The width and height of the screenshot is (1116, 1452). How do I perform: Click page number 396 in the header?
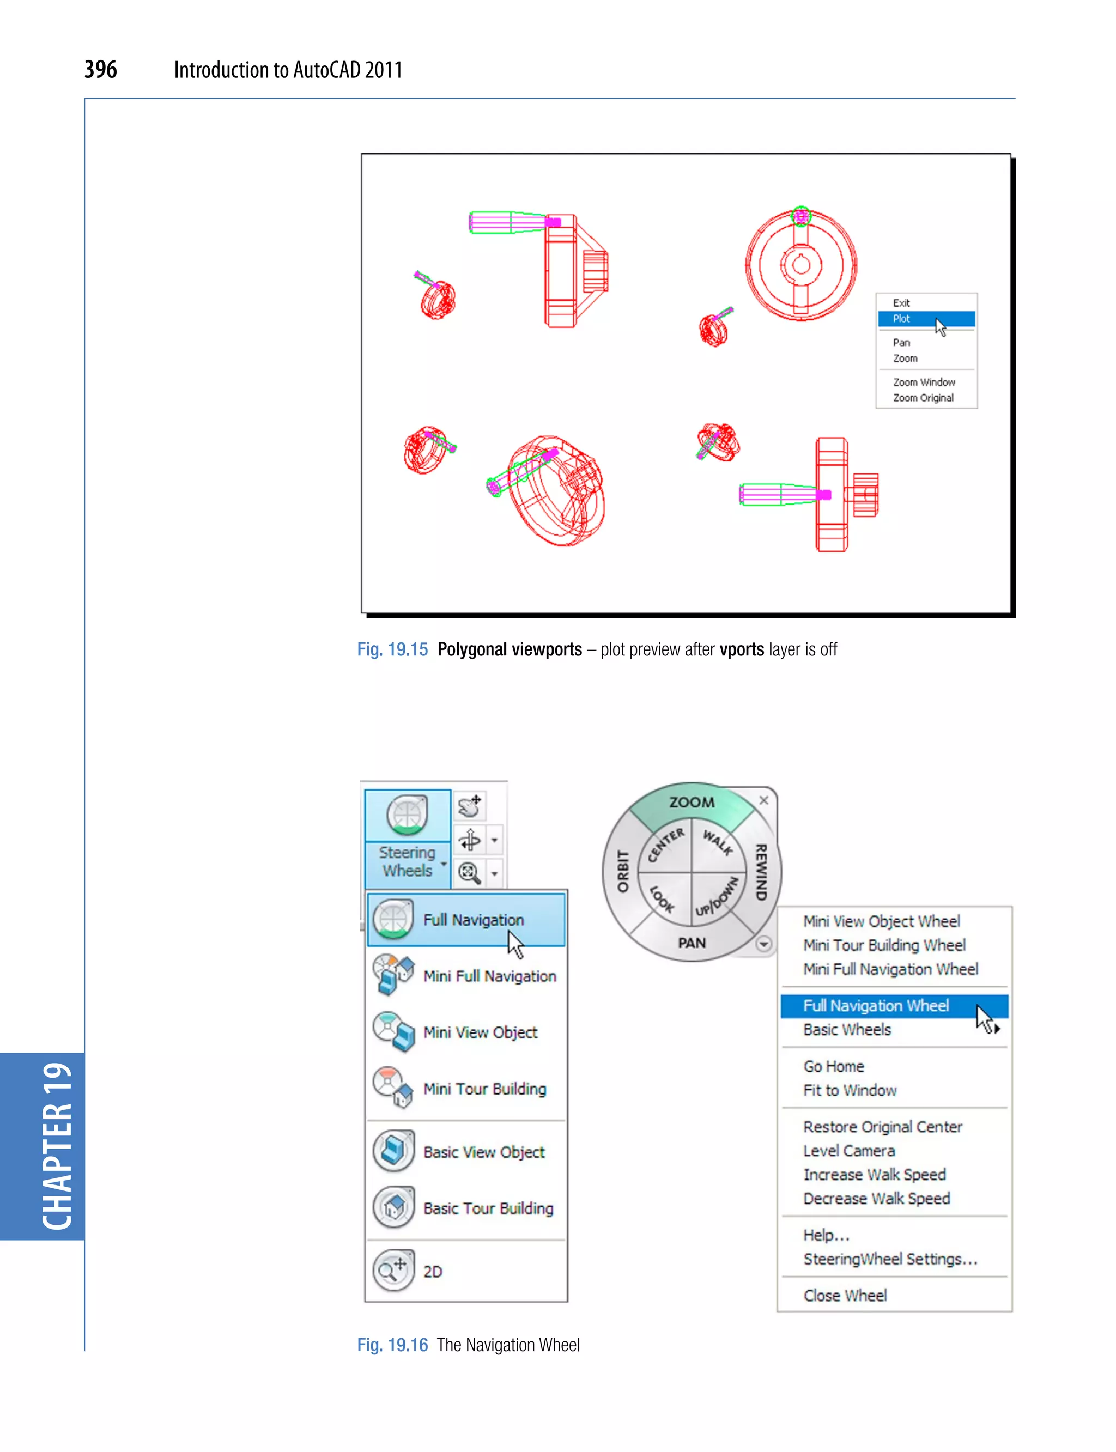click(100, 69)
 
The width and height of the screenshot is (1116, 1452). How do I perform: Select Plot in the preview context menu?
click(901, 319)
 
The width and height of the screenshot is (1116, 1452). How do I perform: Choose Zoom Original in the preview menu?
click(923, 398)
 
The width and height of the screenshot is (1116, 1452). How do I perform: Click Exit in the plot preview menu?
click(901, 303)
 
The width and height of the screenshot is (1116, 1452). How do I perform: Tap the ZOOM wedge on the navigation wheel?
click(692, 803)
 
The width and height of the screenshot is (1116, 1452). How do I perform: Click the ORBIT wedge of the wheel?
click(622, 871)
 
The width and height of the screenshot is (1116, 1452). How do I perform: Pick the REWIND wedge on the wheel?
click(761, 871)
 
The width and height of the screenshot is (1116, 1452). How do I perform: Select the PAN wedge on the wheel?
click(692, 943)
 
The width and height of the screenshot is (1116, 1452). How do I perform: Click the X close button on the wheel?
click(764, 800)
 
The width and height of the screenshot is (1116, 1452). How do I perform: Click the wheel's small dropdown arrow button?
click(764, 944)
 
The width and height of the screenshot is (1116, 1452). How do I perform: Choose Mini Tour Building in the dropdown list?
click(484, 1089)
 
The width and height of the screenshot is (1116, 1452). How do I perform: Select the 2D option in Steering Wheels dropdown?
click(433, 1271)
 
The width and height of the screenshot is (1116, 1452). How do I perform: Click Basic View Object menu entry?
click(483, 1152)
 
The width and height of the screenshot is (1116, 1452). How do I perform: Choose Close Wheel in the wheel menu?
click(845, 1295)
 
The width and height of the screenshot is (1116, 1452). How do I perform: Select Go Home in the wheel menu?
click(834, 1066)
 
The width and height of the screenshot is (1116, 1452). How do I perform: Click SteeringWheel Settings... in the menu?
click(890, 1259)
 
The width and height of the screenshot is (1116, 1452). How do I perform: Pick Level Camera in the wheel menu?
click(849, 1151)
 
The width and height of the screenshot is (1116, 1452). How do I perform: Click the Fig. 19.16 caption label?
click(392, 1345)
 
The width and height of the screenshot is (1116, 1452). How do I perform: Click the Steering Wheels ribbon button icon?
click(407, 815)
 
